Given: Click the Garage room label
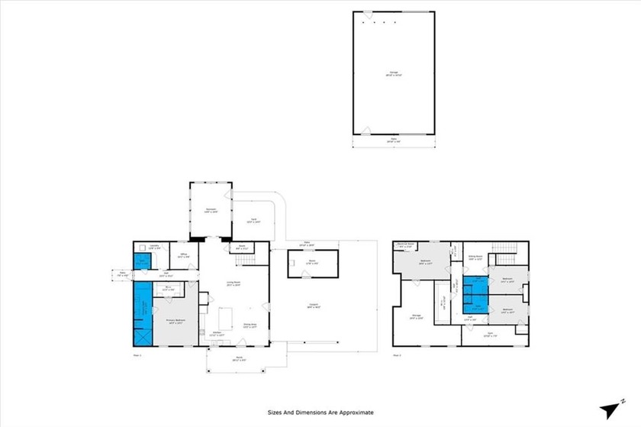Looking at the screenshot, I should [393, 73].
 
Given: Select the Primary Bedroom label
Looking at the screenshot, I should [176, 321].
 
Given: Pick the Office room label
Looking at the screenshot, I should [184, 257].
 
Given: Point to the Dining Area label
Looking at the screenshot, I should [250, 324].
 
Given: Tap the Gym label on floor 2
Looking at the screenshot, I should [490, 334].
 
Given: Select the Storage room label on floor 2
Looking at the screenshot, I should [417, 315].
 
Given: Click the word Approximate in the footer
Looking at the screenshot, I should [353, 412].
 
